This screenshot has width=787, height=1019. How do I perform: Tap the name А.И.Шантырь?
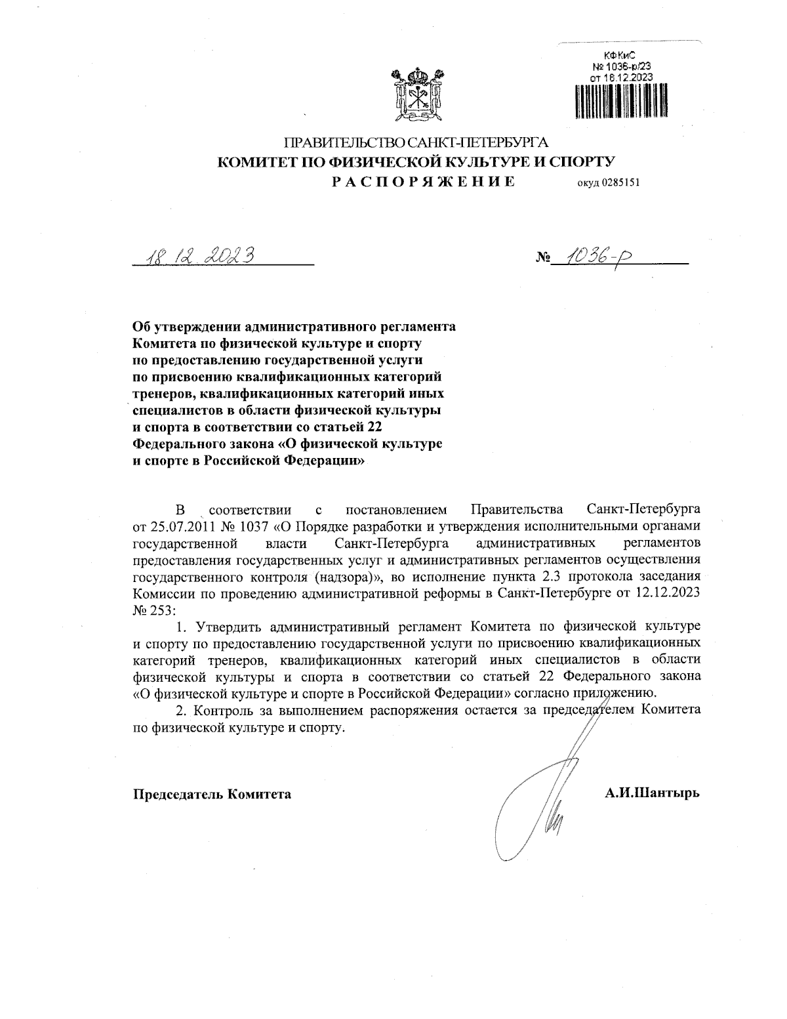652,793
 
